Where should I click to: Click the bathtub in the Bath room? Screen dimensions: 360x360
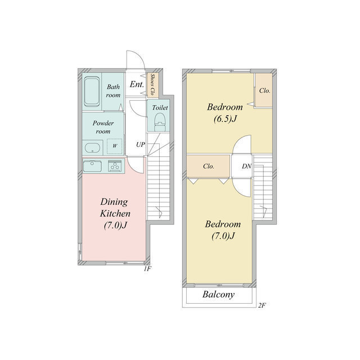point(92,92)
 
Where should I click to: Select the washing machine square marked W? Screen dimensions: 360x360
point(115,146)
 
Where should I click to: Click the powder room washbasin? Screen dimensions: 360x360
point(92,147)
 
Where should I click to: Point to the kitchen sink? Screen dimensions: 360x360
point(92,166)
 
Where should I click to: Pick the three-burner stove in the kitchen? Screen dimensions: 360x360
point(115,166)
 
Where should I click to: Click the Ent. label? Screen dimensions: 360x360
point(137,84)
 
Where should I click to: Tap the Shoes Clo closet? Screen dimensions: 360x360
point(152,85)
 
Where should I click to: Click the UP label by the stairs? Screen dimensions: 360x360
point(141,145)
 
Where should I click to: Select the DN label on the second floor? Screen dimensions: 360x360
point(246,166)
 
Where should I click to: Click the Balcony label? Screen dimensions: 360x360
point(218,295)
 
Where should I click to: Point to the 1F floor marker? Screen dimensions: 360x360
point(147,269)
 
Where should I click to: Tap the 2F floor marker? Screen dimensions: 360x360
point(262,305)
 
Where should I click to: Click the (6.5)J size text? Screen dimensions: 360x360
point(225,119)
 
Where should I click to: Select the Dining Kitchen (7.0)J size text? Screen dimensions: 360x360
point(115,225)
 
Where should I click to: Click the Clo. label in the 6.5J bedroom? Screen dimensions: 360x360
point(264,91)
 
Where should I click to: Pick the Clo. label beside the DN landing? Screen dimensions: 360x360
point(209,166)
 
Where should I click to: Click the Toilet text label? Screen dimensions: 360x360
point(160,107)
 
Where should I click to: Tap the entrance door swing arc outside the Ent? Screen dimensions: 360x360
point(140,55)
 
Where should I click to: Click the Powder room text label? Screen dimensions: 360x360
point(103,127)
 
